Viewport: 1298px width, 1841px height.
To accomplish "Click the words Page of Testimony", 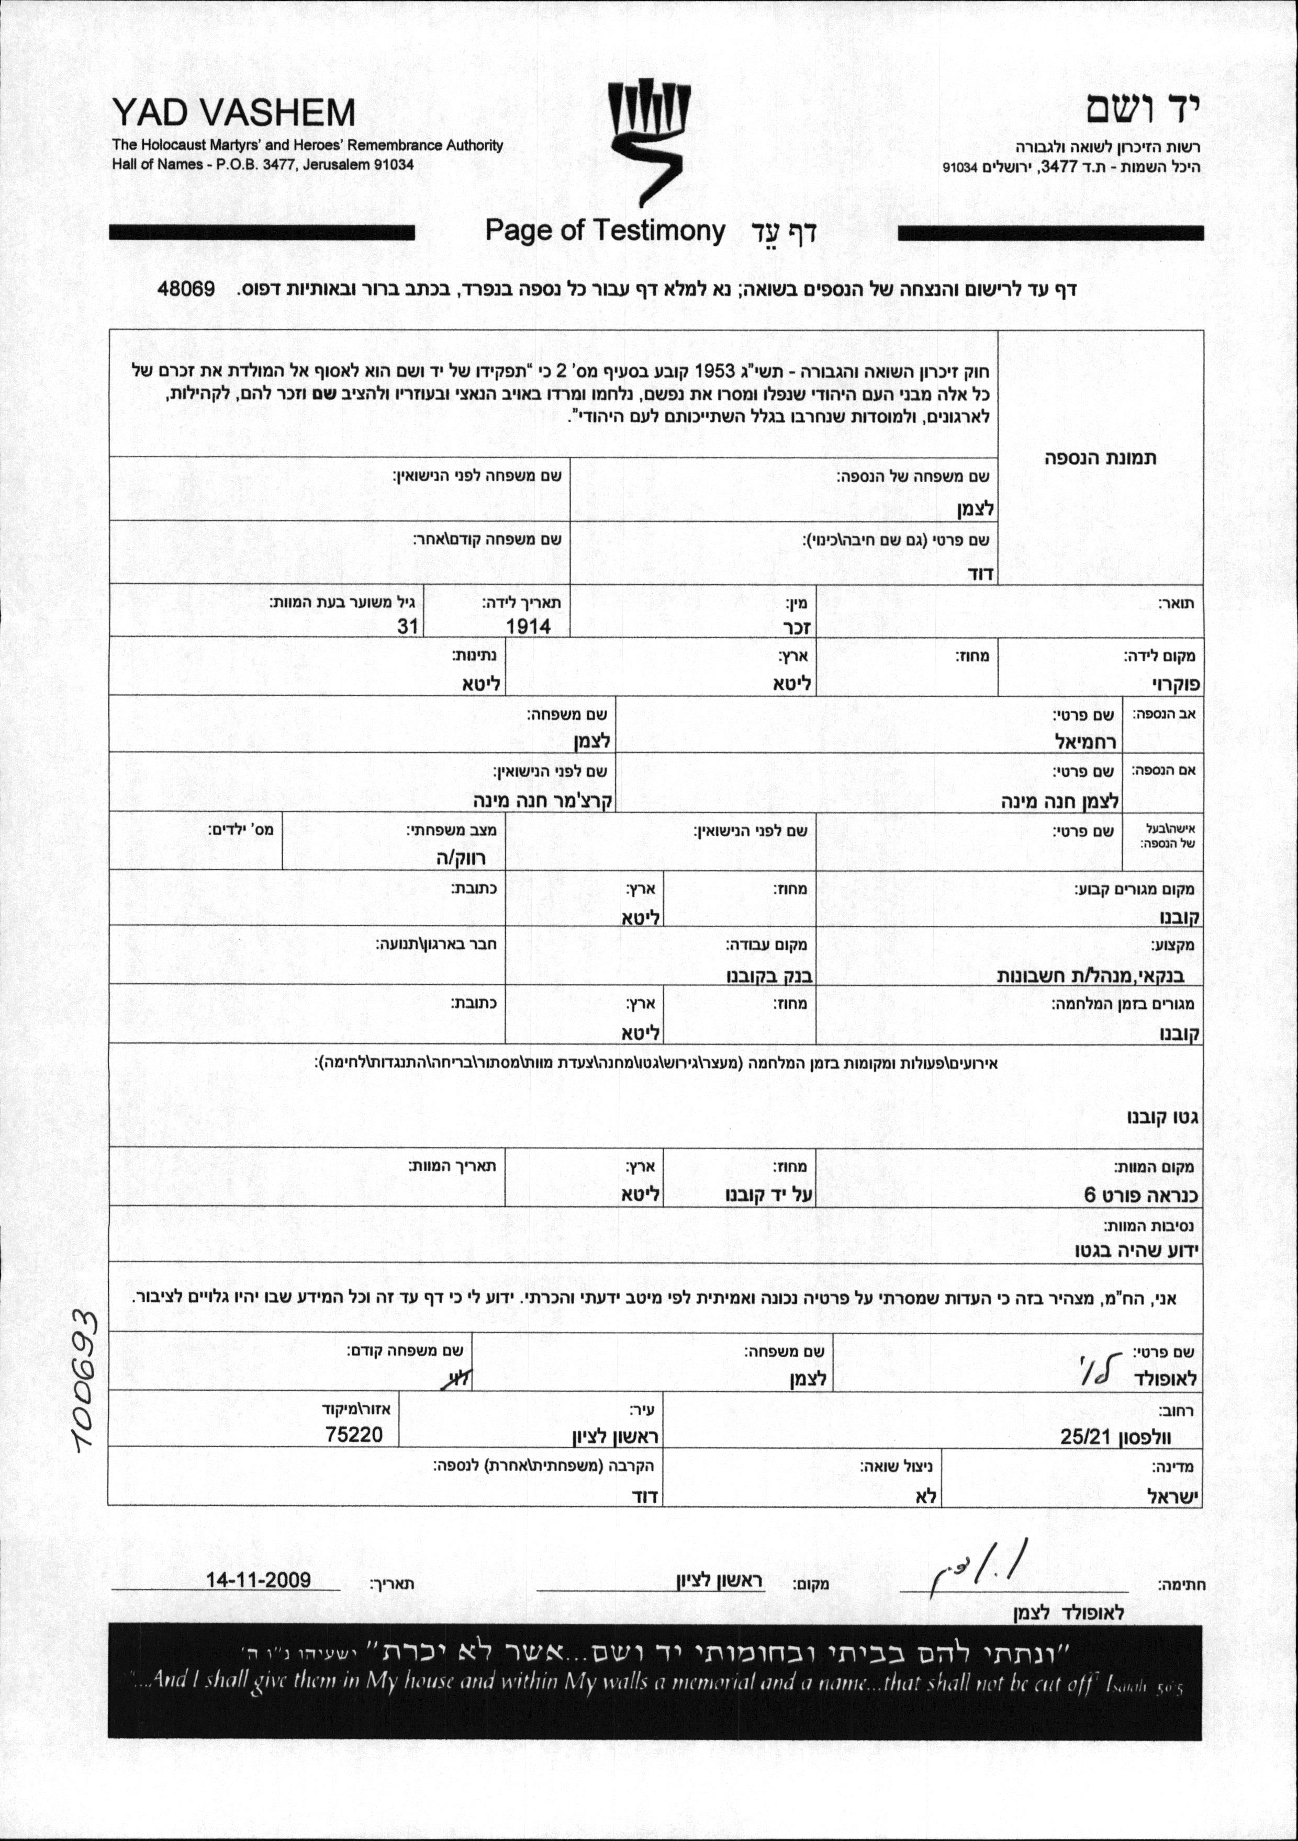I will click(x=605, y=231).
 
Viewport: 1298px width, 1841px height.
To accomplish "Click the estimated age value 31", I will click(x=408, y=626).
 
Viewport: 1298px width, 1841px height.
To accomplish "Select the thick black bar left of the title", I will click(x=262, y=233).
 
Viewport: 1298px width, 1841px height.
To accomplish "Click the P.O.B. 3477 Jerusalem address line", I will click(x=263, y=165).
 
